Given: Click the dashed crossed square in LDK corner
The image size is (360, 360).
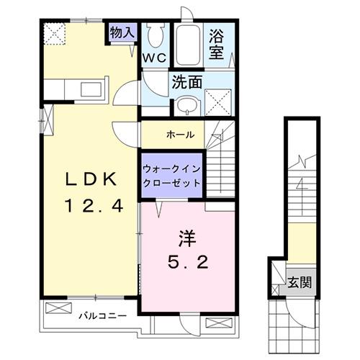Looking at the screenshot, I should [54, 32].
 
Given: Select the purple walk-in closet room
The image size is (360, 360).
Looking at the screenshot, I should [171, 174].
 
